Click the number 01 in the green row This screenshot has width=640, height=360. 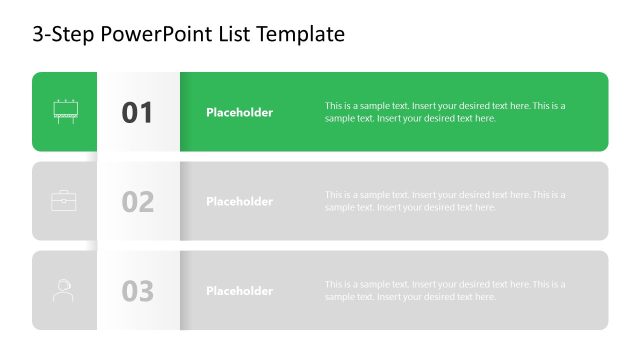click(138, 113)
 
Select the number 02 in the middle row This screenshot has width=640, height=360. click(138, 202)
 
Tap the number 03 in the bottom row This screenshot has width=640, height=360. click(138, 291)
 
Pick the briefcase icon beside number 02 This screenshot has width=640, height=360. click(64, 201)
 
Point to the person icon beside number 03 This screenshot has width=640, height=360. click(64, 290)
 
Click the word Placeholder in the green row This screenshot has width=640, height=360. click(239, 113)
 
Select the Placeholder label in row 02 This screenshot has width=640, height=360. click(239, 202)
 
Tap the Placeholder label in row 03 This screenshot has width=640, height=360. click(239, 291)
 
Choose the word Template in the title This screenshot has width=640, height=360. click(300, 34)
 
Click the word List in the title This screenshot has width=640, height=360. click(234, 34)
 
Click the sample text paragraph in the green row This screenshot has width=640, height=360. click(445, 112)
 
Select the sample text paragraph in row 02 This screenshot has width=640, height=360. click(445, 201)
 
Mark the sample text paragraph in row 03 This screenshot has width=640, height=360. click(445, 290)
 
